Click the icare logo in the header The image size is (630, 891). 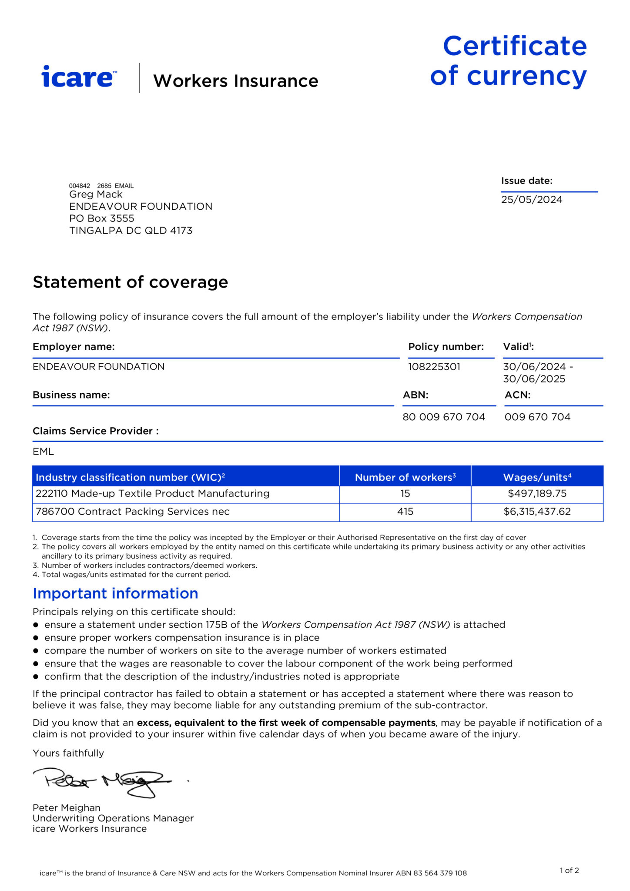[79, 77]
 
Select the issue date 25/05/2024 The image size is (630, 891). [531, 200]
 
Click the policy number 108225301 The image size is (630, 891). [434, 367]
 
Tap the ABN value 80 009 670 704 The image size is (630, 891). [443, 417]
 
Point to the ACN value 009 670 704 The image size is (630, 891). [537, 417]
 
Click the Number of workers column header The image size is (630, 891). [405, 477]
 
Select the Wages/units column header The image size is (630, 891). [537, 477]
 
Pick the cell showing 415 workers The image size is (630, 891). [405, 512]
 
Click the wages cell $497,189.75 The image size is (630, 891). [537, 494]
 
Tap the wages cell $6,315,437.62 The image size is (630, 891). [537, 512]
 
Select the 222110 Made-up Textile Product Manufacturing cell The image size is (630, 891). [153, 494]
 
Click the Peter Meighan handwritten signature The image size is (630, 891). [103, 782]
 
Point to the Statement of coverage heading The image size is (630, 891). [130, 282]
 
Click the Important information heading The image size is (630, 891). [115, 593]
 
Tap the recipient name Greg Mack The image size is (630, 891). [96, 194]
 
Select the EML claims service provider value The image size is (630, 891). [43, 452]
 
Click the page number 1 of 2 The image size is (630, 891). [569, 871]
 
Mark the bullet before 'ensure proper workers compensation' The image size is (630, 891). [36, 638]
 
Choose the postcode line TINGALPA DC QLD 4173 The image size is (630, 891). [131, 231]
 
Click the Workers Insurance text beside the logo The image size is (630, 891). [235, 81]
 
